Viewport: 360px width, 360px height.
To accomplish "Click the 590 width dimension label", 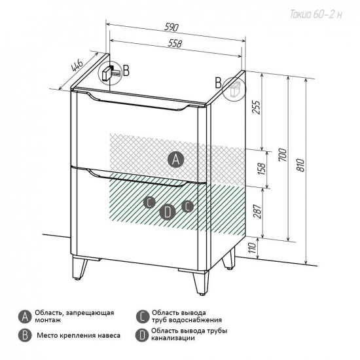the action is click(x=171, y=27).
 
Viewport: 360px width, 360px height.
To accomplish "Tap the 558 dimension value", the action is click(x=175, y=43).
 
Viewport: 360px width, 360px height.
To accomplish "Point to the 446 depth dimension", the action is click(x=77, y=65).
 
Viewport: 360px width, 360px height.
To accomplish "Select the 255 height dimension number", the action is click(x=255, y=107).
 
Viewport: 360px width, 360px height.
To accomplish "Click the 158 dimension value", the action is click(x=262, y=169).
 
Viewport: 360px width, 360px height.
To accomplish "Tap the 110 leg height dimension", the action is click(x=252, y=247).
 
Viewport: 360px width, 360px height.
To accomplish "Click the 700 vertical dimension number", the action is click(x=283, y=154).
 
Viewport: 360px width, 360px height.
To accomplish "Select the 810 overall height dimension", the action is click(x=301, y=165).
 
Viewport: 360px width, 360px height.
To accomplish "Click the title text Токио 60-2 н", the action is click(x=316, y=14).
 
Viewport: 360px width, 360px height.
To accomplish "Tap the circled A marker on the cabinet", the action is click(x=175, y=159).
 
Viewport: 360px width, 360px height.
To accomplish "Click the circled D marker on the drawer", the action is click(x=168, y=211).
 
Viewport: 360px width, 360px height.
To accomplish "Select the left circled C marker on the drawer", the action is click(x=149, y=202).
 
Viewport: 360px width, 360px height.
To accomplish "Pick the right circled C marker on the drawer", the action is click(x=188, y=206).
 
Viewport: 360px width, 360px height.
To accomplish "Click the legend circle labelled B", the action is click(x=25, y=335).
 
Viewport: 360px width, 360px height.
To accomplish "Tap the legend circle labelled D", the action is click(x=142, y=335).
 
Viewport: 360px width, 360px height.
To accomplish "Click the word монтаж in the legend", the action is click(x=48, y=320).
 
